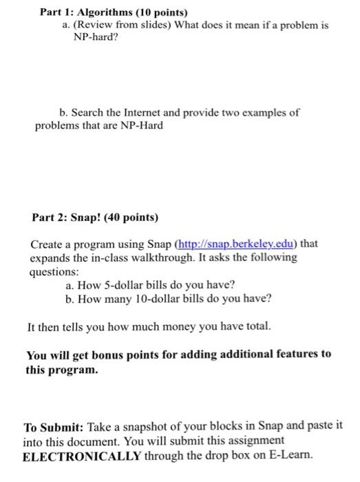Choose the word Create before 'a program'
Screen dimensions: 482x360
[x=47, y=244]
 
